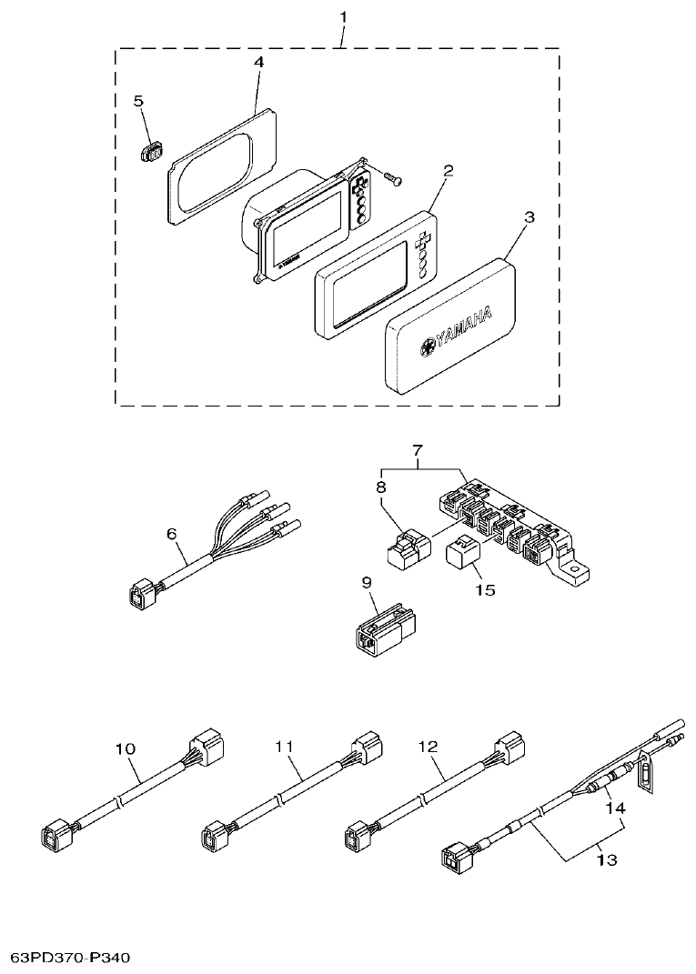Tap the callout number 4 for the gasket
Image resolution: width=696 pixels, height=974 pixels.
(258, 62)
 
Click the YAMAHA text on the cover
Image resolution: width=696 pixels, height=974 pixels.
(463, 330)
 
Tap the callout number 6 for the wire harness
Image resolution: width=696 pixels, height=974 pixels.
(171, 535)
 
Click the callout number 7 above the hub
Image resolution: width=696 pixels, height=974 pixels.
(418, 450)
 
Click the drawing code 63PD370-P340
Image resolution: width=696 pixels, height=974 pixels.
(71, 958)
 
